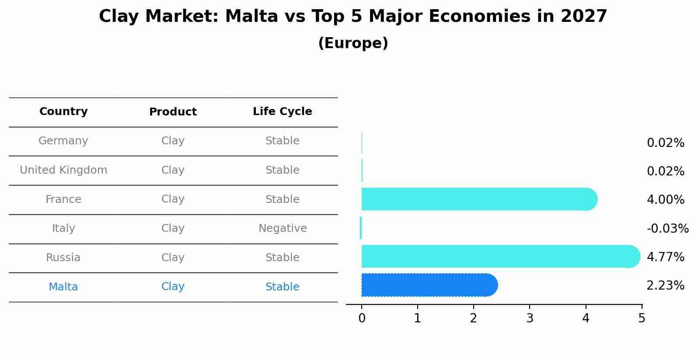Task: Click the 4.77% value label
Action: click(x=665, y=257)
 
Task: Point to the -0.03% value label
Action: click(x=667, y=228)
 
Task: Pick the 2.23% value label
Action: click(x=665, y=286)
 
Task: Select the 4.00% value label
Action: click(x=665, y=200)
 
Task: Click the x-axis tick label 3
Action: click(x=530, y=318)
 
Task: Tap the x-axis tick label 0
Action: click(x=362, y=318)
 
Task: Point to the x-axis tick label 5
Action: click(x=642, y=318)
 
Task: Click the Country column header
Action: click(x=63, y=112)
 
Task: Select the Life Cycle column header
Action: click(x=282, y=112)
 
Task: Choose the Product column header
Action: click(x=173, y=112)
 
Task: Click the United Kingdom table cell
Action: click(x=63, y=170)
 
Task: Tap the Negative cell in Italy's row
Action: click(x=283, y=228)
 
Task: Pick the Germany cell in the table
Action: click(x=63, y=141)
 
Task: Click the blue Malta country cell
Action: click(x=63, y=287)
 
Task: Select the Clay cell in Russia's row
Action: click(x=173, y=258)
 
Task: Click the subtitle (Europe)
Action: click(x=353, y=43)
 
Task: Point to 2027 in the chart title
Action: click(x=584, y=17)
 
